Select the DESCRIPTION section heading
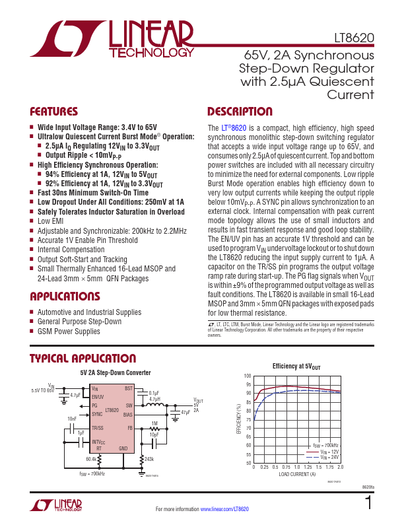click(240, 112)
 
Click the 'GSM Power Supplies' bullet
click(69, 331)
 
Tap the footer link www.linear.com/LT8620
click(224, 509)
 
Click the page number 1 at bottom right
click(368, 504)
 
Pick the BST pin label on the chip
click(129, 388)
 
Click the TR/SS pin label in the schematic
click(98, 428)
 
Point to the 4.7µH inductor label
click(154, 400)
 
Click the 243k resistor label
click(149, 458)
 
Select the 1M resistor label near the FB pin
click(154, 423)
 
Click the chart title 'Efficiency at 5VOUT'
click(296, 366)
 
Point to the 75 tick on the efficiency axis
click(248, 419)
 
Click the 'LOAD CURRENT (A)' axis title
click(297, 475)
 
